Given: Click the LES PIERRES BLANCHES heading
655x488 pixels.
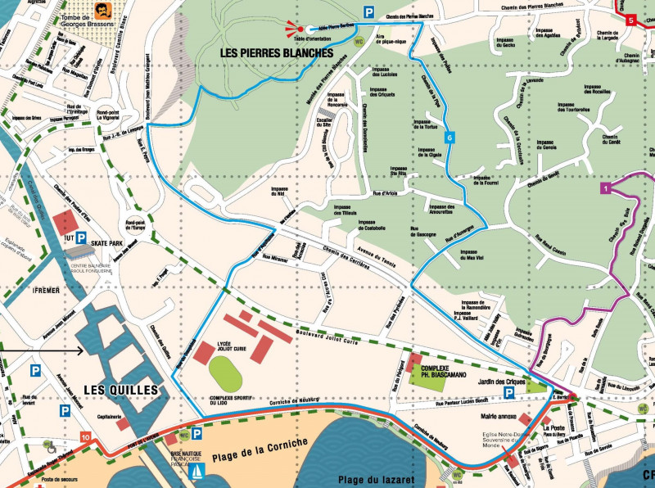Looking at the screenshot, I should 277,53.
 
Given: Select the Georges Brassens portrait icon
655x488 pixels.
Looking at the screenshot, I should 102,11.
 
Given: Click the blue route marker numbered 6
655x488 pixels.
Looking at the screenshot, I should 449,138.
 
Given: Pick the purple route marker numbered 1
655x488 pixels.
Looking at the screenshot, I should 604,188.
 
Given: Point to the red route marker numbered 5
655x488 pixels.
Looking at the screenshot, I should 630,20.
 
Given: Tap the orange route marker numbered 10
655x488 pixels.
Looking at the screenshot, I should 86,439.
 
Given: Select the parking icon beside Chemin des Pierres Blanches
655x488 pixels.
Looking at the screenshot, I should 369,11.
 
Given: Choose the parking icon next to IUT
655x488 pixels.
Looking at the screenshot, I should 81,238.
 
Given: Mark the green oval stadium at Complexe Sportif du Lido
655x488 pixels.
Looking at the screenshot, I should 224,373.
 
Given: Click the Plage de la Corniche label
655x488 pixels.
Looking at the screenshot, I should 258,443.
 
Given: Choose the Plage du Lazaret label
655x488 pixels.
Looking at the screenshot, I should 374,478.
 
